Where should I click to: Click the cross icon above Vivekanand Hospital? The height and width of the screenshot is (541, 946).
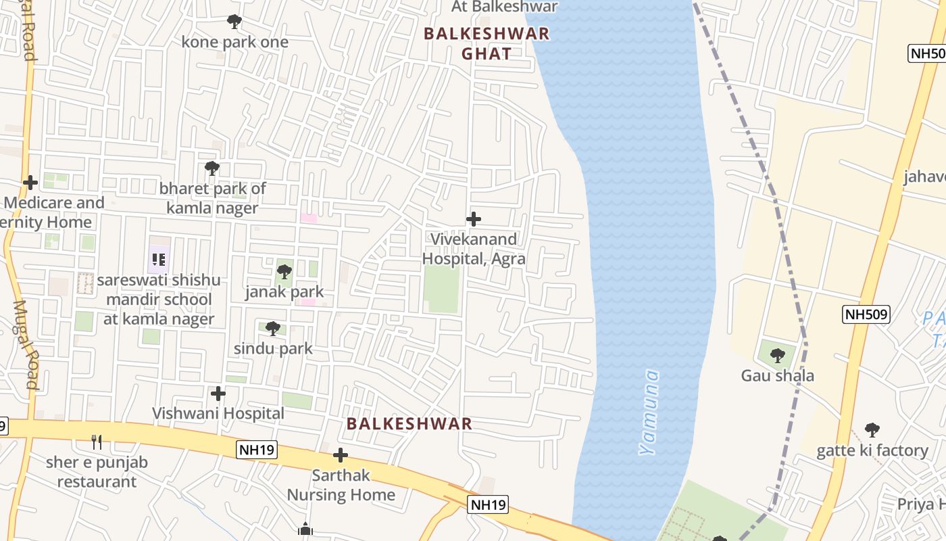coord(474,219)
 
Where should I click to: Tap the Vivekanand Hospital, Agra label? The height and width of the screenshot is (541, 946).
coord(474,249)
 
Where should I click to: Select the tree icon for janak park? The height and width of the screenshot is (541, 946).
coord(284,272)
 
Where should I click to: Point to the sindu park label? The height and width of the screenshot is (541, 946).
coord(273,349)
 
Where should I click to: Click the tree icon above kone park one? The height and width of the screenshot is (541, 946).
coord(234,22)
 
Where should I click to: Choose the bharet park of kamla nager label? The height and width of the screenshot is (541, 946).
coord(213,198)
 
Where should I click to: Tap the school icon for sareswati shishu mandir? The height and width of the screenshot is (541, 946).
coord(159,259)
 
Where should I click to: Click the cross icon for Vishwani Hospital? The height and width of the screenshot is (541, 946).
coord(218,393)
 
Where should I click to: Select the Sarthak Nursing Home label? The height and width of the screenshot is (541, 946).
coord(341,486)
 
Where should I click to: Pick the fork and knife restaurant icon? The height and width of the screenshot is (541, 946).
coord(97,442)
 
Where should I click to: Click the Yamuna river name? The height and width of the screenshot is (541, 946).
coord(649,412)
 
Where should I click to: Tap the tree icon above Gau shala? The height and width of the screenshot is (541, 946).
coord(778,355)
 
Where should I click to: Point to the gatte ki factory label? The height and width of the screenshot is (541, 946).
coord(872,450)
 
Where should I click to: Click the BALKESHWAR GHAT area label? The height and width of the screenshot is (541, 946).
coord(487,43)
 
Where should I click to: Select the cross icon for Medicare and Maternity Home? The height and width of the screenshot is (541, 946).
coord(30,183)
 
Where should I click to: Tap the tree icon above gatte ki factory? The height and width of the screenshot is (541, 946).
coord(872,430)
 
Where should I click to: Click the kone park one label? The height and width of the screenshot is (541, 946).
coord(234,42)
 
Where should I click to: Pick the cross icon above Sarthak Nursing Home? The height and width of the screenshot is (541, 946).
coord(341,455)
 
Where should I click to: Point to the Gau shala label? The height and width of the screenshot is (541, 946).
coord(778,376)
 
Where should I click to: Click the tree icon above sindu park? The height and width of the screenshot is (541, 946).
coord(272,329)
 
